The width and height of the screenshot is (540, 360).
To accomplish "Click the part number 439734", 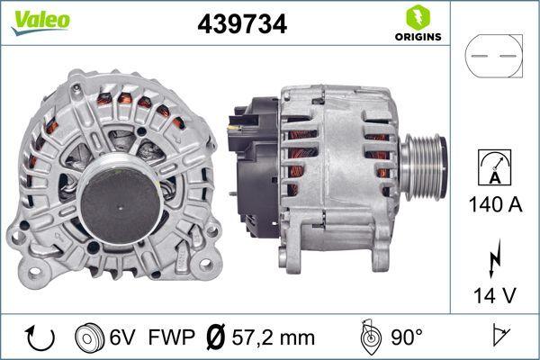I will click(241, 25).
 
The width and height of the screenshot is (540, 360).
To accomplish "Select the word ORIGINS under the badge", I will click(417, 37).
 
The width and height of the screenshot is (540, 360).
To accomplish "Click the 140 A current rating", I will click(494, 204).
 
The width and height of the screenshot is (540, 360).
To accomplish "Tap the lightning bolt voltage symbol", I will click(494, 262).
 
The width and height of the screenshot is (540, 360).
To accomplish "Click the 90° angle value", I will click(408, 337).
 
